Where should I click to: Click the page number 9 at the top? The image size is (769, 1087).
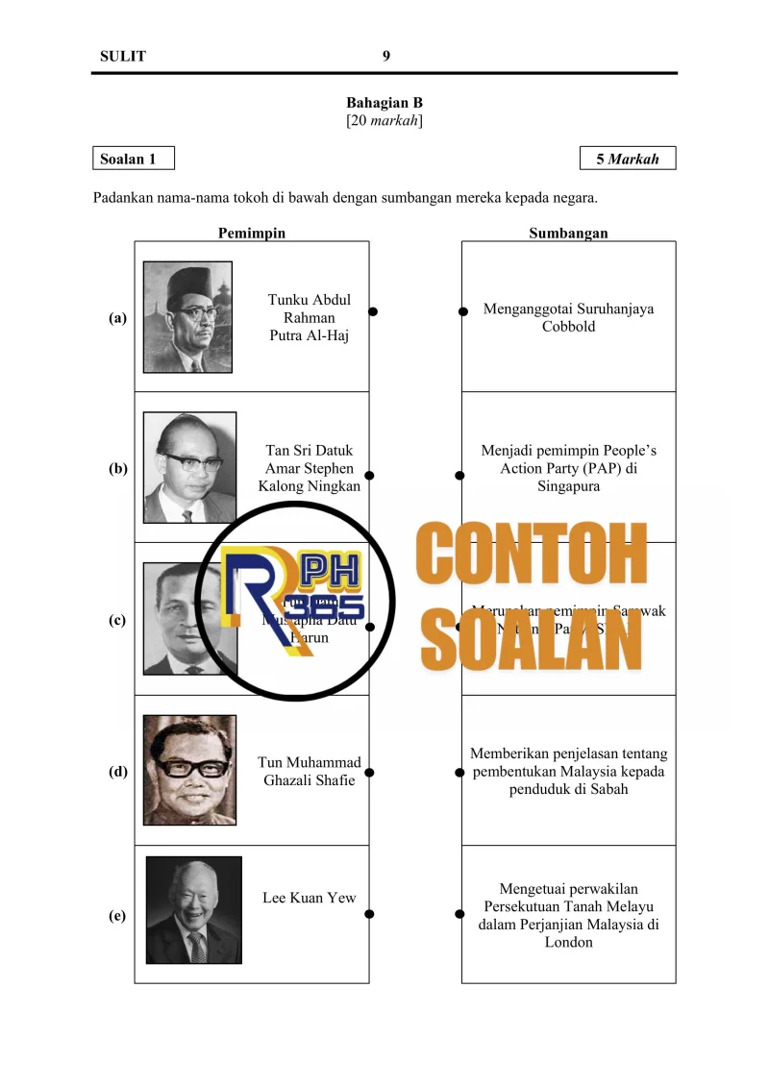386,56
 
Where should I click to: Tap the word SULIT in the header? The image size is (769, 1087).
123,56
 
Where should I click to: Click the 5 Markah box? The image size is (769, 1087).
628,159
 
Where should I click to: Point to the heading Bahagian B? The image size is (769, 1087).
384,103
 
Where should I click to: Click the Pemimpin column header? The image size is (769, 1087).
252,233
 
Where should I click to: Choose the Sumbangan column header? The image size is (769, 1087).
568,233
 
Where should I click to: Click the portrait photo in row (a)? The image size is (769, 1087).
187,317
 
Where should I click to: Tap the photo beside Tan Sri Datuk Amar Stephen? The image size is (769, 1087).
189,468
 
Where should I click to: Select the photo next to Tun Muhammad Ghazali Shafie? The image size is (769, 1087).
189,770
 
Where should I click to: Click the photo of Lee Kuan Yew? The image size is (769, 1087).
193,910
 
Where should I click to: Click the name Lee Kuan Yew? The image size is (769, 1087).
310,898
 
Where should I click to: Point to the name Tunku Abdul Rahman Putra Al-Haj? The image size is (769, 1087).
310,317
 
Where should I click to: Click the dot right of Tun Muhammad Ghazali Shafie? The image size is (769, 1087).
369,772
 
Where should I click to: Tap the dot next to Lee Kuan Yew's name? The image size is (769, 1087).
369,914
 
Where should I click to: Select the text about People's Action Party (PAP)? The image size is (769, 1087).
568,468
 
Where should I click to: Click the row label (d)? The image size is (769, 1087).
118,771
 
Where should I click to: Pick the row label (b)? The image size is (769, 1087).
118,469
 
